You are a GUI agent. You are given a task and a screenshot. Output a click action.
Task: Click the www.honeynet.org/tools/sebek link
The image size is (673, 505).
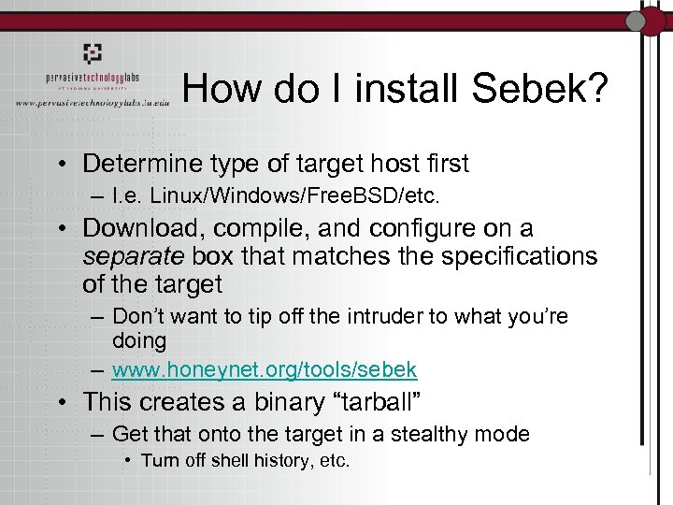pos(265,369)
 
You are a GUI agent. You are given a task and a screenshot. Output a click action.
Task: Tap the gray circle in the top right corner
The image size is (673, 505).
pos(637,21)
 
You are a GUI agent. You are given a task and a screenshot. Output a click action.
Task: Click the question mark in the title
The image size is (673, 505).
pos(596,90)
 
